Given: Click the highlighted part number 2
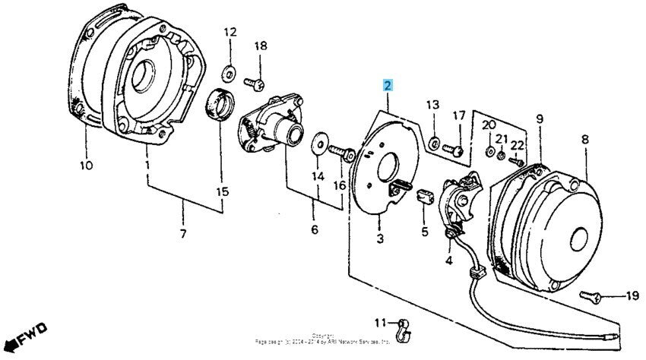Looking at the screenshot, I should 388,85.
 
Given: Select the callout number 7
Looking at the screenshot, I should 182,233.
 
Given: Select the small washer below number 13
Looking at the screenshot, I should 432,141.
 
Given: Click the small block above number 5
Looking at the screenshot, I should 426,195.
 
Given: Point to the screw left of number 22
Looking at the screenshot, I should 515,160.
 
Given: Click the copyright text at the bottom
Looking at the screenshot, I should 322,338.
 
